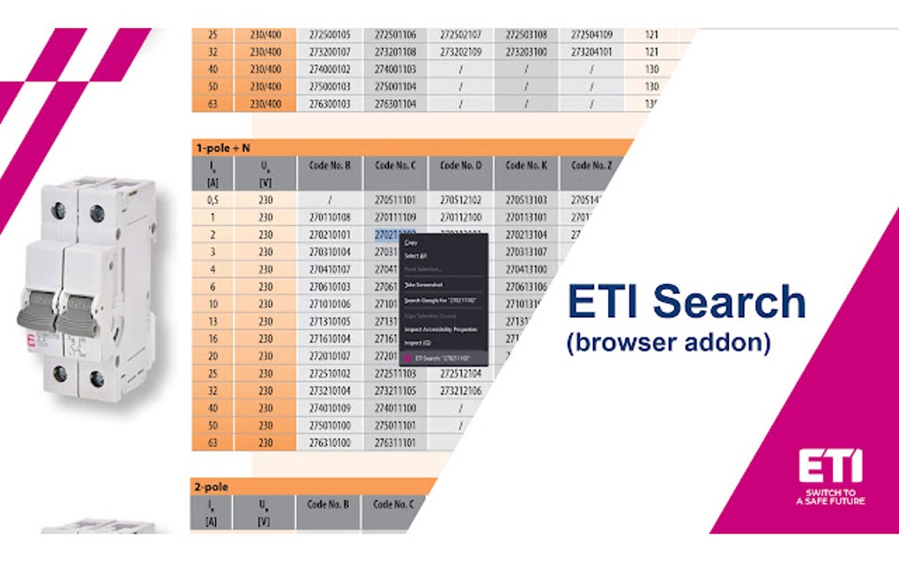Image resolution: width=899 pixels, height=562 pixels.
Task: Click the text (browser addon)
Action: coord(667,343)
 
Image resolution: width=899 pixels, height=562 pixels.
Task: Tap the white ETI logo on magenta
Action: coord(830,466)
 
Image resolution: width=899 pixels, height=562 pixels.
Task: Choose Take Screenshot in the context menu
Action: coord(423,285)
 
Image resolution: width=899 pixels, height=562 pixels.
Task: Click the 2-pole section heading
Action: coord(213,485)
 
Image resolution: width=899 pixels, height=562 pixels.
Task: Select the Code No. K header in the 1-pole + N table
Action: coord(526,165)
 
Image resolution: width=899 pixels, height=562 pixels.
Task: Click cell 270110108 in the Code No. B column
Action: coord(331,217)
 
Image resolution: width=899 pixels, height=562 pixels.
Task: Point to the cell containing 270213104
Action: coord(526,235)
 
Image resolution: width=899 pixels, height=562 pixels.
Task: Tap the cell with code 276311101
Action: coord(396,442)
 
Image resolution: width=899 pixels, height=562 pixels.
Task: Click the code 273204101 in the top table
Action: coord(591,52)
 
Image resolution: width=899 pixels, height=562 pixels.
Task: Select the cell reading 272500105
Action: coord(331,35)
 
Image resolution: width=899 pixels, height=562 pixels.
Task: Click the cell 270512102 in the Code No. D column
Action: coord(461,200)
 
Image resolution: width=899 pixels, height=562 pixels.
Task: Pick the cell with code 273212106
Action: coord(461,390)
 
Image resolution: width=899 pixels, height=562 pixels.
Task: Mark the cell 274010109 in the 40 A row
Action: coord(331,408)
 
